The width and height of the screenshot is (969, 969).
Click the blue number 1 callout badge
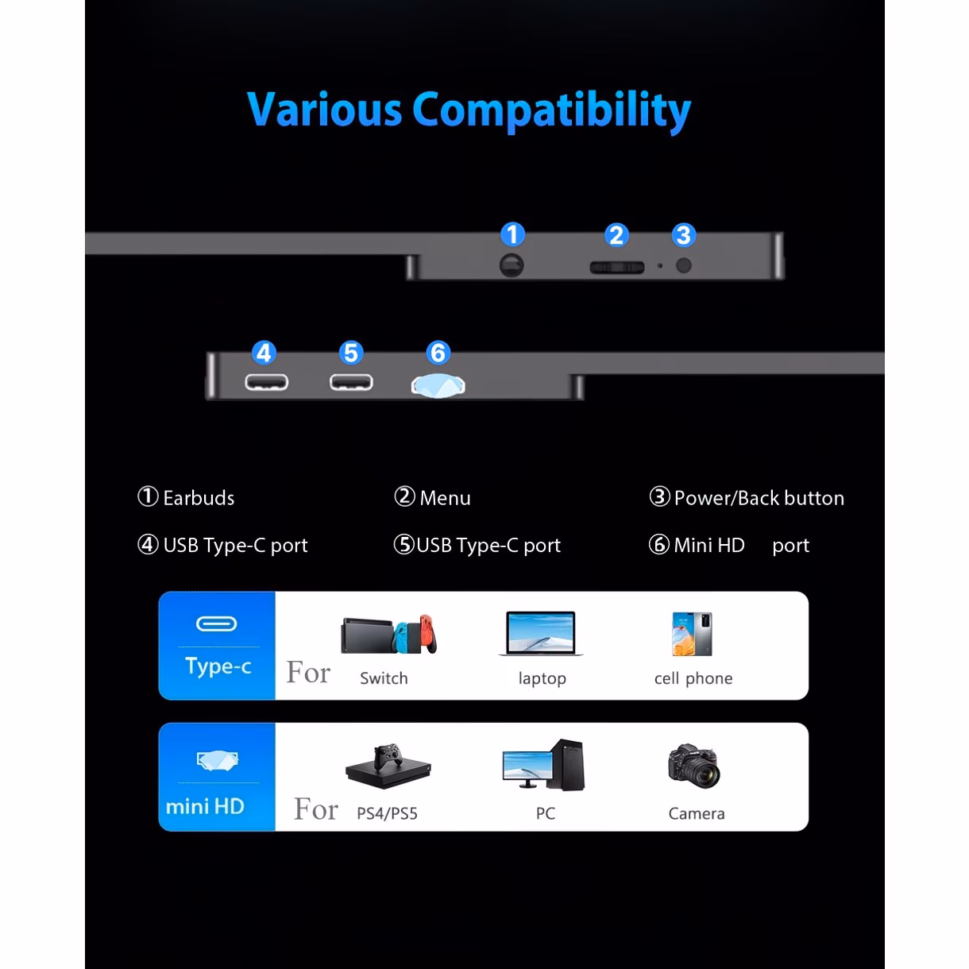(512, 234)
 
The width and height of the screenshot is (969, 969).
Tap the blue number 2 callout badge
(616, 235)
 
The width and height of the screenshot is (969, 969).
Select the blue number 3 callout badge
(684, 235)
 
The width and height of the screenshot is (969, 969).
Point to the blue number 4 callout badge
(264, 353)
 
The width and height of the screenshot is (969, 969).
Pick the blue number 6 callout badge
(438, 353)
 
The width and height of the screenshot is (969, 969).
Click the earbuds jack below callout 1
(512, 265)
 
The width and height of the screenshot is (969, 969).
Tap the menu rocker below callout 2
(617, 267)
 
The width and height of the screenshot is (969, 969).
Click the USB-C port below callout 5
(351, 382)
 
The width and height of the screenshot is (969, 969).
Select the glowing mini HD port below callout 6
(438, 386)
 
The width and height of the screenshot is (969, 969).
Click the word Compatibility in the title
(552, 110)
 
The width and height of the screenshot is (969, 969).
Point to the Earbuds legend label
(199, 498)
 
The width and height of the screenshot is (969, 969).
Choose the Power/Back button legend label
(759, 498)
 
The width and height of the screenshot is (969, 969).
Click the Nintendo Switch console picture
(388, 634)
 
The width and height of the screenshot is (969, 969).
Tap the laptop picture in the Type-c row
(541, 634)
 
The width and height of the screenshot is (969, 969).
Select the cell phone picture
(693, 634)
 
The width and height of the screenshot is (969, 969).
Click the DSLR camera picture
(694, 766)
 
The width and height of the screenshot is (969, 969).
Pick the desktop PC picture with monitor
(543, 764)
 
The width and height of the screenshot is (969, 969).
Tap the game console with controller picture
(388, 766)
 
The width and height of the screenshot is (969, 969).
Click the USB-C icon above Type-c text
(216, 624)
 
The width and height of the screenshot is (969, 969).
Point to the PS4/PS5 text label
(387, 813)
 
